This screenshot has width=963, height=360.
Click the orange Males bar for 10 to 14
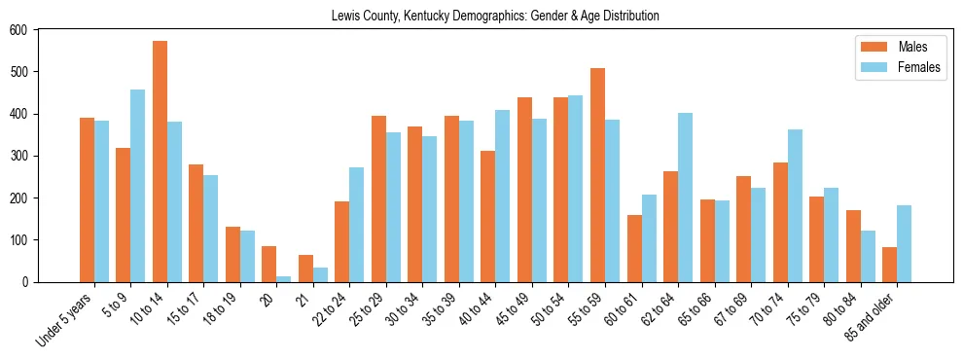[x=160, y=162]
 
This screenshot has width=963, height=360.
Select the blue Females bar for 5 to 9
[x=138, y=186]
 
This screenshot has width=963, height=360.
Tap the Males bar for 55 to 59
[x=597, y=175]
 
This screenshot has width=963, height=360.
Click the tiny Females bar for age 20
[x=284, y=279]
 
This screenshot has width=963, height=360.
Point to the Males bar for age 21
[x=305, y=269]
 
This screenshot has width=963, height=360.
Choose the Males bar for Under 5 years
[x=87, y=199]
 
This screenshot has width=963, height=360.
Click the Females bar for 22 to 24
[x=357, y=225]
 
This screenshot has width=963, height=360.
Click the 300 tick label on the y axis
[x=18, y=156]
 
